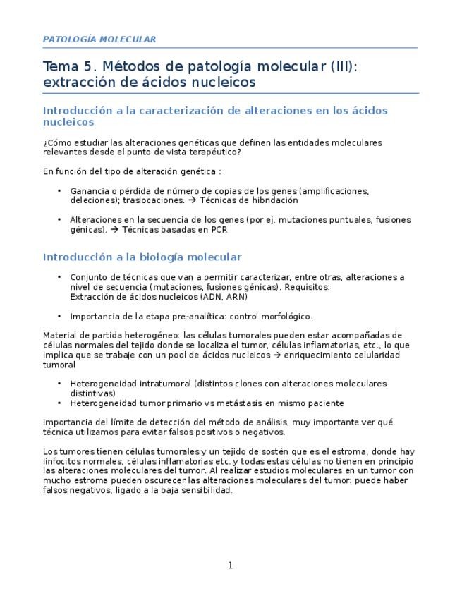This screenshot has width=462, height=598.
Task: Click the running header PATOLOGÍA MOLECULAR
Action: tap(99, 39)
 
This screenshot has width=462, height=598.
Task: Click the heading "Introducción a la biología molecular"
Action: tap(142, 257)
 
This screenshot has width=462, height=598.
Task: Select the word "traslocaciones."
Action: tap(147, 200)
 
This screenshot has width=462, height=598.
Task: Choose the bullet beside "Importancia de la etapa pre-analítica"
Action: tap(59, 317)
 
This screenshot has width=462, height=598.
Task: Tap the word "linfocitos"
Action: tap(63, 461)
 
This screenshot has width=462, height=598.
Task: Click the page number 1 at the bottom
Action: tap(230, 565)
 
